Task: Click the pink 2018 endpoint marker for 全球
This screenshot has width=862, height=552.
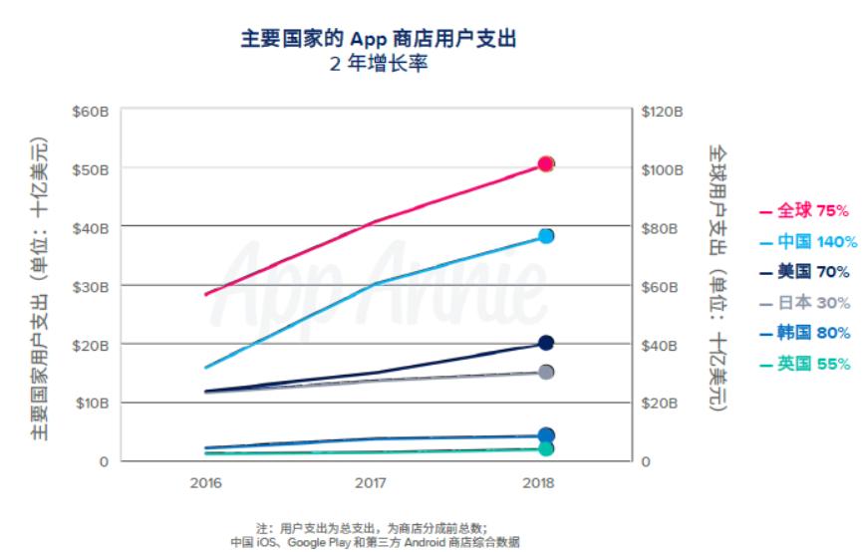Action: click(546, 163)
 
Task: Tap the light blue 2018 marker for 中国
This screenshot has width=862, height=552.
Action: click(546, 236)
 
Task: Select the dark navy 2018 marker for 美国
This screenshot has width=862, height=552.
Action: click(546, 343)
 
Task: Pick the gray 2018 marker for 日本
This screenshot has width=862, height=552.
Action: click(546, 372)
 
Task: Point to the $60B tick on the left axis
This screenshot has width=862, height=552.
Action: click(90, 111)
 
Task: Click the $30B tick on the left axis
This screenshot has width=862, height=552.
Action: click(90, 286)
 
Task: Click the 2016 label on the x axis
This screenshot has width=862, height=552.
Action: click(205, 482)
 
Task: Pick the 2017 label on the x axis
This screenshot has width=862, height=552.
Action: click(370, 482)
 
